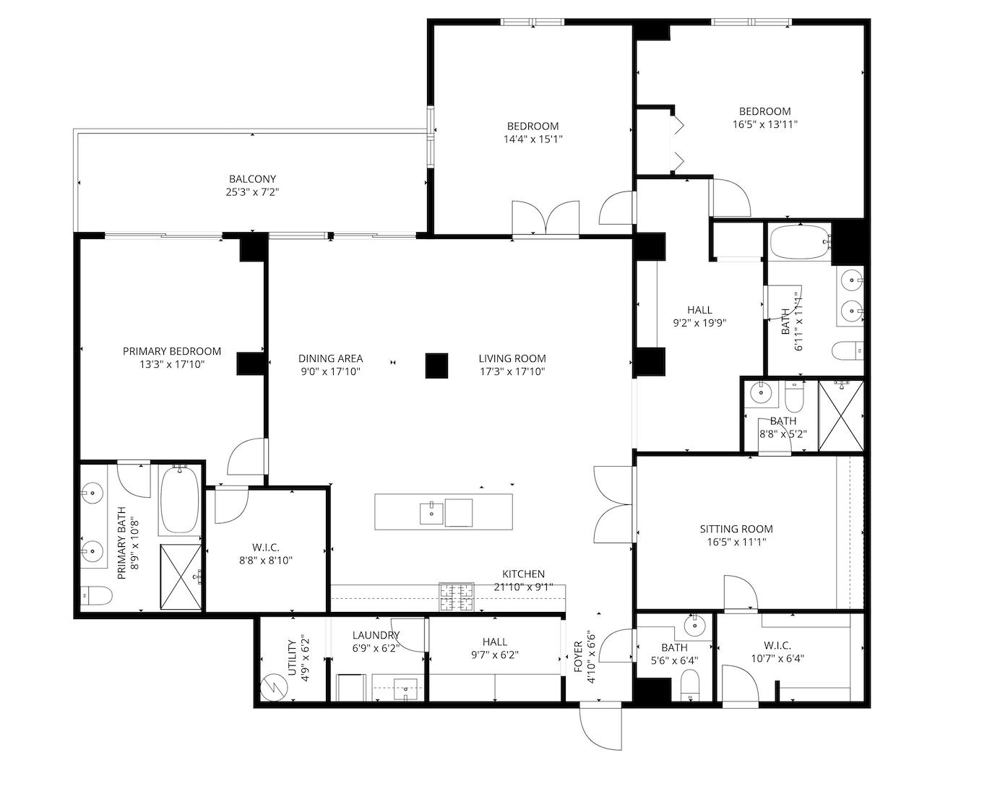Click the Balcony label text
(252, 179)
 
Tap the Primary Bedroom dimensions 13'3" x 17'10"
(172, 364)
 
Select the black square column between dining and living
(436, 366)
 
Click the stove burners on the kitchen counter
(456, 597)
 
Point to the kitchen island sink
(431, 513)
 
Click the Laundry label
(376, 635)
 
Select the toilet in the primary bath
(96, 596)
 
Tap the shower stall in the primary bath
(181, 577)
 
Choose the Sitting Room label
(736, 529)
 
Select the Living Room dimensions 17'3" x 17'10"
(512, 372)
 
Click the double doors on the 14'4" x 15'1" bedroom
(545, 217)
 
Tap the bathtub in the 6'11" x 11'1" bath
(800, 242)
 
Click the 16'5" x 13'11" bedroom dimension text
(764, 124)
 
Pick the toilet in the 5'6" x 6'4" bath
(690, 683)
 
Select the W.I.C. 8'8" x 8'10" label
(266, 554)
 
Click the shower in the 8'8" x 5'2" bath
(841, 416)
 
